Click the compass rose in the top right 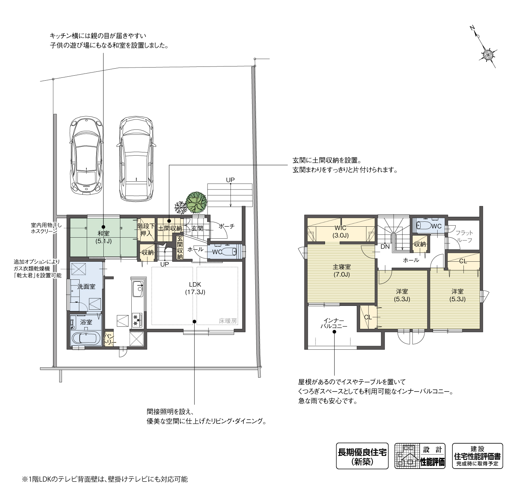pos(489,55)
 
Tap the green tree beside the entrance pos(196,202)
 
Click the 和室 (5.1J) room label pos(104,237)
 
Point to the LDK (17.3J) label pos(195,288)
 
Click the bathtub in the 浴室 pos(86,338)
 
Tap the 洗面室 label pos(86,286)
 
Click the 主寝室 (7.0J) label pos(342,271)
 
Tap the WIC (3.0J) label pos(341,231)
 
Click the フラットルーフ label pos(464,237)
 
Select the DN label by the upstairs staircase pos(385,247)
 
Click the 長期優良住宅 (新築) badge pos(362,456)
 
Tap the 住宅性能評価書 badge pos(477,456)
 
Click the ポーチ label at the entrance pos(227,226)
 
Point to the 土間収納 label pos(170,229)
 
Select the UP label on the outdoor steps pos(230,180)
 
